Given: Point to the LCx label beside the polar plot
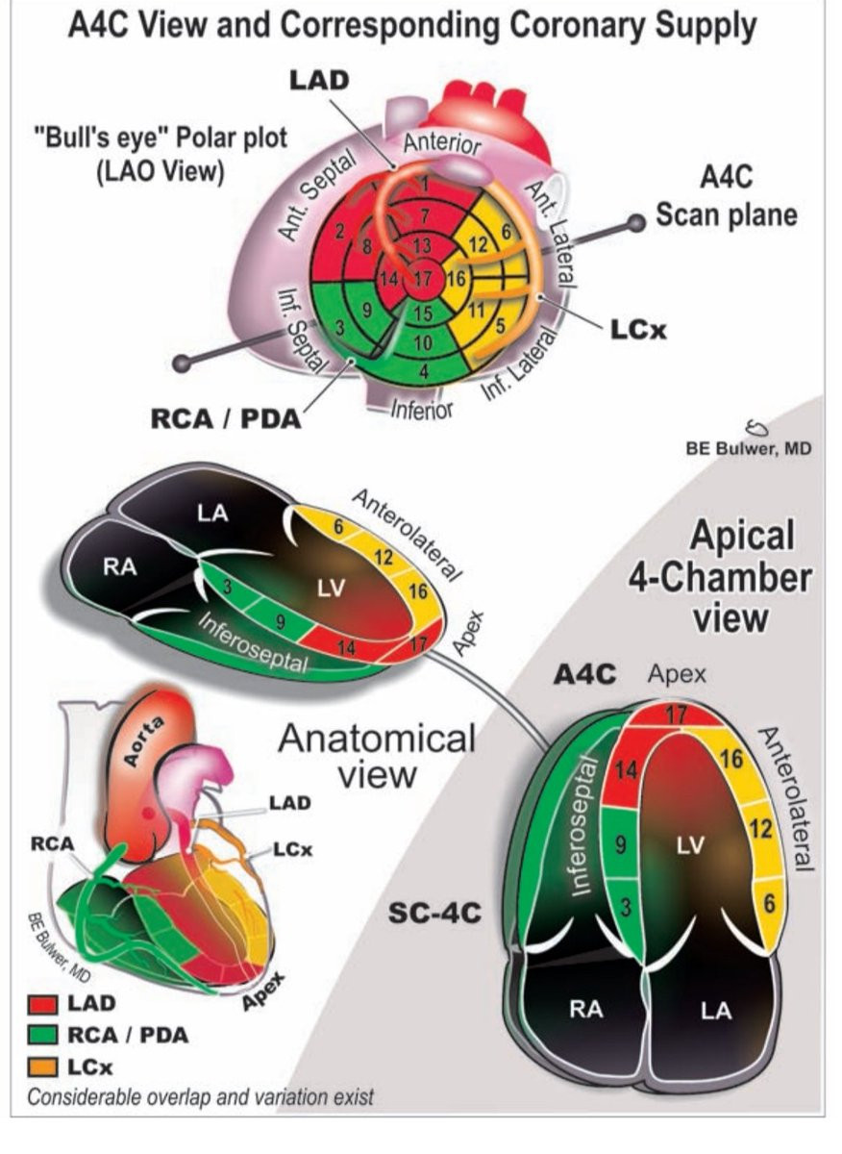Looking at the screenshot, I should [635, 330].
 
